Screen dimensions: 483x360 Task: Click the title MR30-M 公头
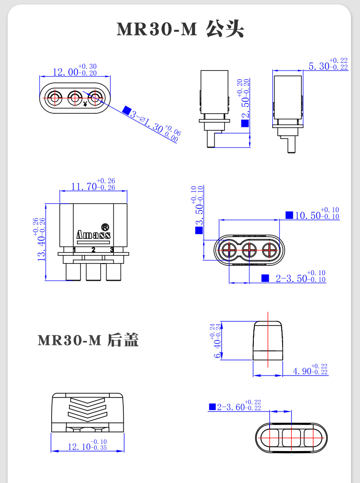tap(180, 29)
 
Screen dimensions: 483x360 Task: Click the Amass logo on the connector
tap(93, 235)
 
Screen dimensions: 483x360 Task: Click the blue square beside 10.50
tap(289, 215)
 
